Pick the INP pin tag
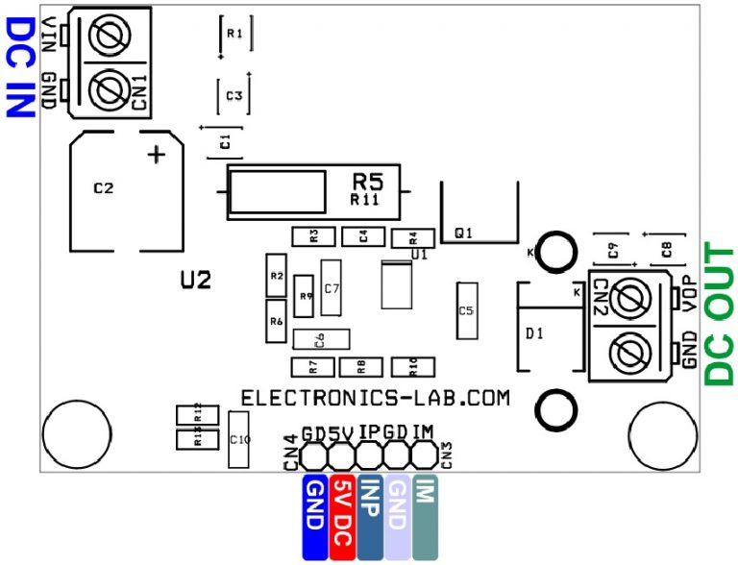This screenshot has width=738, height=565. pyautogui.click(x=370, y=516)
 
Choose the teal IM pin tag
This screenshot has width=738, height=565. pyautogui.click(x=424, y=516)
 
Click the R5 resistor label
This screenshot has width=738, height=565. pyautogui.click(x=367, y=181)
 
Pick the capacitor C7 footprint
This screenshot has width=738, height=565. pyautogui.click(x=332, y=287)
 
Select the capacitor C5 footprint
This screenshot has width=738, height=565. pyautogui.click(x=467, y=310)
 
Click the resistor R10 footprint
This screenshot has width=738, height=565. pyautogui.click(x=413, y=366)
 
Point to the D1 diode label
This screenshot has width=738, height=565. pyautogui.click(x=534, y=333)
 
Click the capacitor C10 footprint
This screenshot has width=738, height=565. pyautogui.click(x=239, y=439)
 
